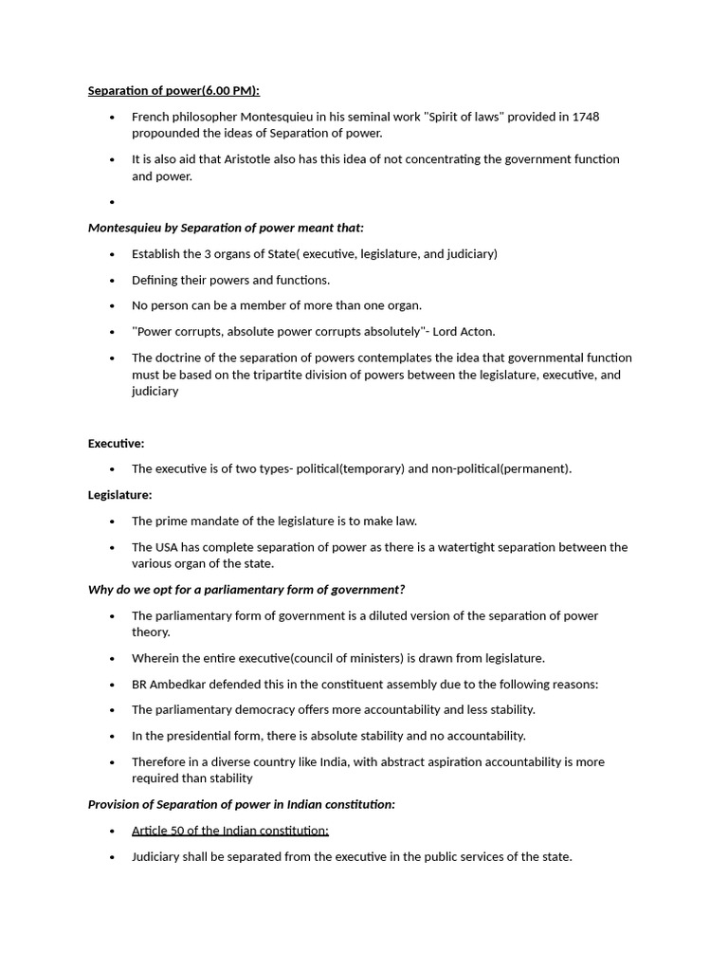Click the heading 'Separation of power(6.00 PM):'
pos(173,91)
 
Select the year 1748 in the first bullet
pos(585,117)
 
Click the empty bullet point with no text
pos(112,202)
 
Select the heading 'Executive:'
pos(116,443)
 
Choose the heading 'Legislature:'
pos(119,495)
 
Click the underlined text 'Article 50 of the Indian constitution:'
pos(230,831)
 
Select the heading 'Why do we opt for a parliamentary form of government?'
pos(246,590)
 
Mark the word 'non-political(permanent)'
pos(500,468)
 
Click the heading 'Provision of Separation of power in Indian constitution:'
pos(242,804)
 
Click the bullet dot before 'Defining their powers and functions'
pos(112,281)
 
